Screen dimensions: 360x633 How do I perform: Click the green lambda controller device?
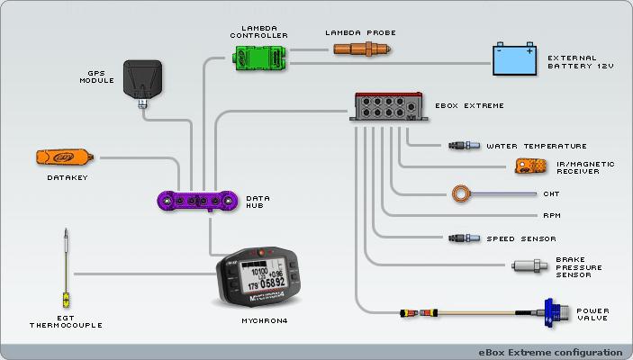click(259, 56)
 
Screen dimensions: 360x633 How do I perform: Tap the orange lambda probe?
click(360, 49)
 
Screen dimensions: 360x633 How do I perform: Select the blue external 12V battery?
click(516, 61)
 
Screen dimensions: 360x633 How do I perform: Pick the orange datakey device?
click(65, 157)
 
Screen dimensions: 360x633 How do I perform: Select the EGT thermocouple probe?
click(65, 270)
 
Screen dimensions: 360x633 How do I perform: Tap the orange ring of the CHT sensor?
click(464, 192)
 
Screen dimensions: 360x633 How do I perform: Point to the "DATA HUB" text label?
click(258, 202)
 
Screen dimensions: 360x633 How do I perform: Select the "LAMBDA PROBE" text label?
click(360, 32)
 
